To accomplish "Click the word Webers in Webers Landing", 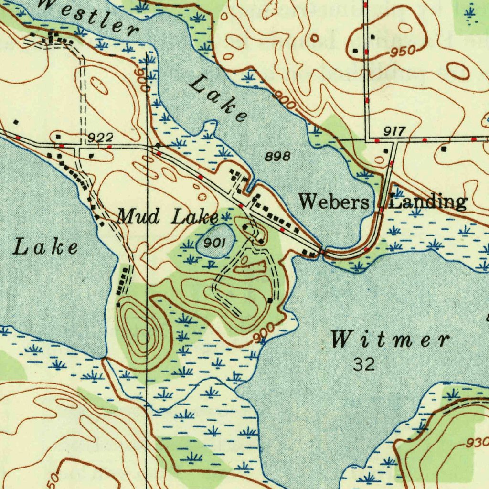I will tap(334, 202).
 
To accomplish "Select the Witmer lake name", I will tap(390, 340).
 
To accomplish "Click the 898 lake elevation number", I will tap(277, 156).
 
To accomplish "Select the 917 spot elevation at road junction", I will tap(394, 131).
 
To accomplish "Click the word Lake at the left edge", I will tap(45, 248).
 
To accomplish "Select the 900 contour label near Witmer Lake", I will tap(264, 333).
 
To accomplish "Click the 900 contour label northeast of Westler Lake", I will tap(285, 101).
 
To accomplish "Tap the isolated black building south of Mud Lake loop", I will tap(270, 300).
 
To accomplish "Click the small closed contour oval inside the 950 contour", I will tap(405, 29).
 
